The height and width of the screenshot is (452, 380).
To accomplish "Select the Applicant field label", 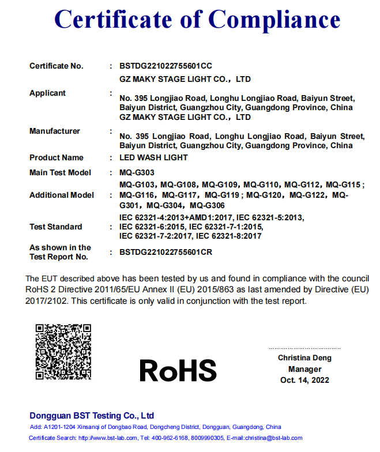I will [48, 93].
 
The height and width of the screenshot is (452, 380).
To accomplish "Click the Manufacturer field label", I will [55, 131].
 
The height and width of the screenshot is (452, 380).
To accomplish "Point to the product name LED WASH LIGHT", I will [153, 157].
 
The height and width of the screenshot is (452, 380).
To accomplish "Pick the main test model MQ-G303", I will [137, 172].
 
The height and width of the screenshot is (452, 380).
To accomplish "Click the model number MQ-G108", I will [178, 185].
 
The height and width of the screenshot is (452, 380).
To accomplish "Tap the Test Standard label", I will [56, 227].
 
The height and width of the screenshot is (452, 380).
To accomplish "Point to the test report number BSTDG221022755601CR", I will [166, 252].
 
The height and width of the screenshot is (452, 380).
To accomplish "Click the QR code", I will [63, 351].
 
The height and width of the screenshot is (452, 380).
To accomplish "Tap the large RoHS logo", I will [178, 370].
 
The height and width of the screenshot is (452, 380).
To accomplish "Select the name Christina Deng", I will [304, 358].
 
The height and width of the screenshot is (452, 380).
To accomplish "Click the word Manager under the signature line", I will [305, 369].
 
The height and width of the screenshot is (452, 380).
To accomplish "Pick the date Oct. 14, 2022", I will [304, 380].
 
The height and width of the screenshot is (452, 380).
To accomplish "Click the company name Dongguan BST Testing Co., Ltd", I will [92, 415].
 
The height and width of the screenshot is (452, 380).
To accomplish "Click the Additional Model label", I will [62, 195].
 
